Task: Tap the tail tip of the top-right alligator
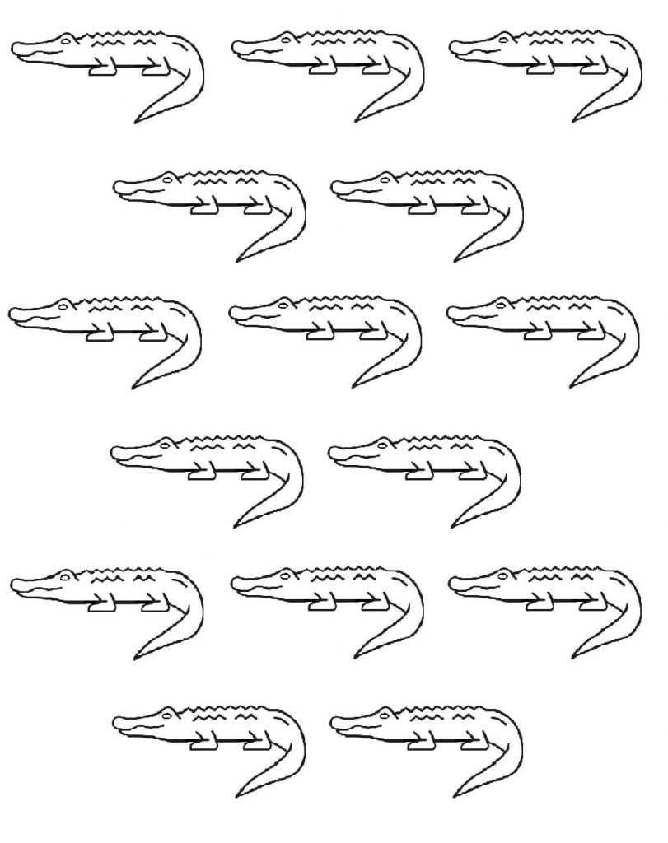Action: click(x=575, y=122)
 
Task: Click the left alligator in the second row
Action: click(x=210, y=202)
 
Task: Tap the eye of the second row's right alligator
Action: click(x=385, y=178)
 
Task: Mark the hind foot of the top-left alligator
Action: click(x=155, y=71)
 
